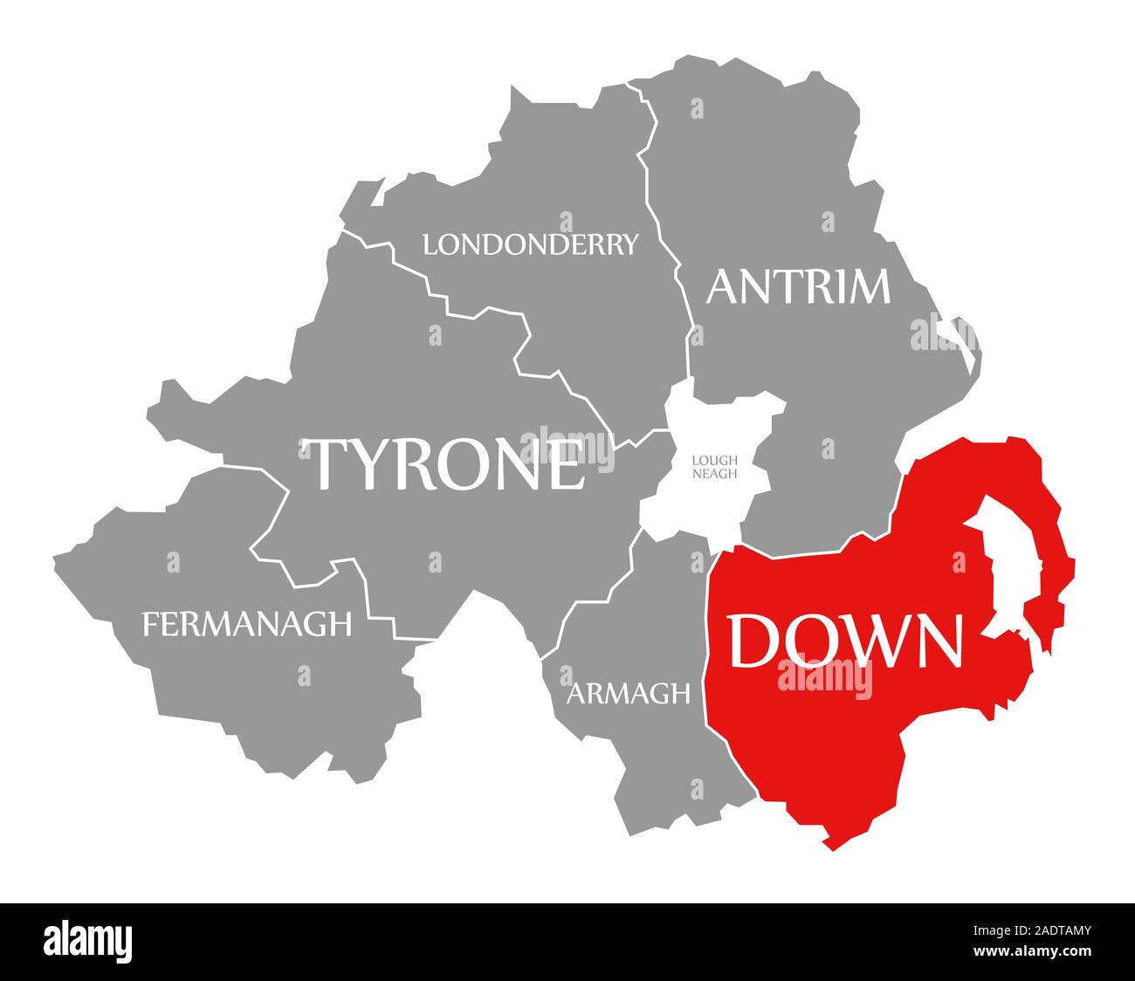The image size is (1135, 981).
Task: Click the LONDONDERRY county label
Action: click(530, 244)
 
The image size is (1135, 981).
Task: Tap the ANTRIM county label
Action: click(798, 286)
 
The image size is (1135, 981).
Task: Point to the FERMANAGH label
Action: click(247, 623)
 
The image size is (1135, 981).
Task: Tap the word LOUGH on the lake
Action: click(714, 460)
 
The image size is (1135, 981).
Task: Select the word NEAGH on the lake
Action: click(714, 474)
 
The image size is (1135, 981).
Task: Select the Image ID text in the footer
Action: click(1039, 932)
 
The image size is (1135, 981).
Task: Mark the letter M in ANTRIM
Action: click(866, 286)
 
